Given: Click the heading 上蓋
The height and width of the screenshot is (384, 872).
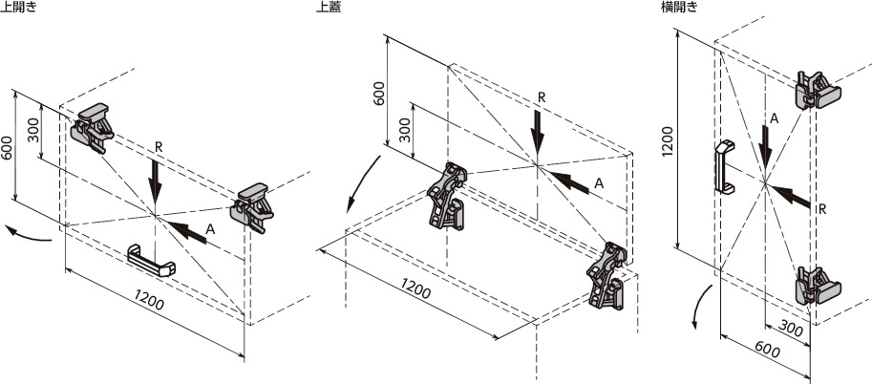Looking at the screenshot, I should coord(330,7).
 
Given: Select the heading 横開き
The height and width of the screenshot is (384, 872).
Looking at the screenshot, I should coord(680,7).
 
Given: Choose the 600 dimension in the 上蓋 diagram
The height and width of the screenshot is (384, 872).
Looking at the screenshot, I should coord(378,95).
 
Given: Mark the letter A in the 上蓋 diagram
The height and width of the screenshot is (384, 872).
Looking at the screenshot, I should coord(599,181).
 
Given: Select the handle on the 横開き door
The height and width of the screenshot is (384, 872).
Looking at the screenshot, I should coord(723,167).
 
